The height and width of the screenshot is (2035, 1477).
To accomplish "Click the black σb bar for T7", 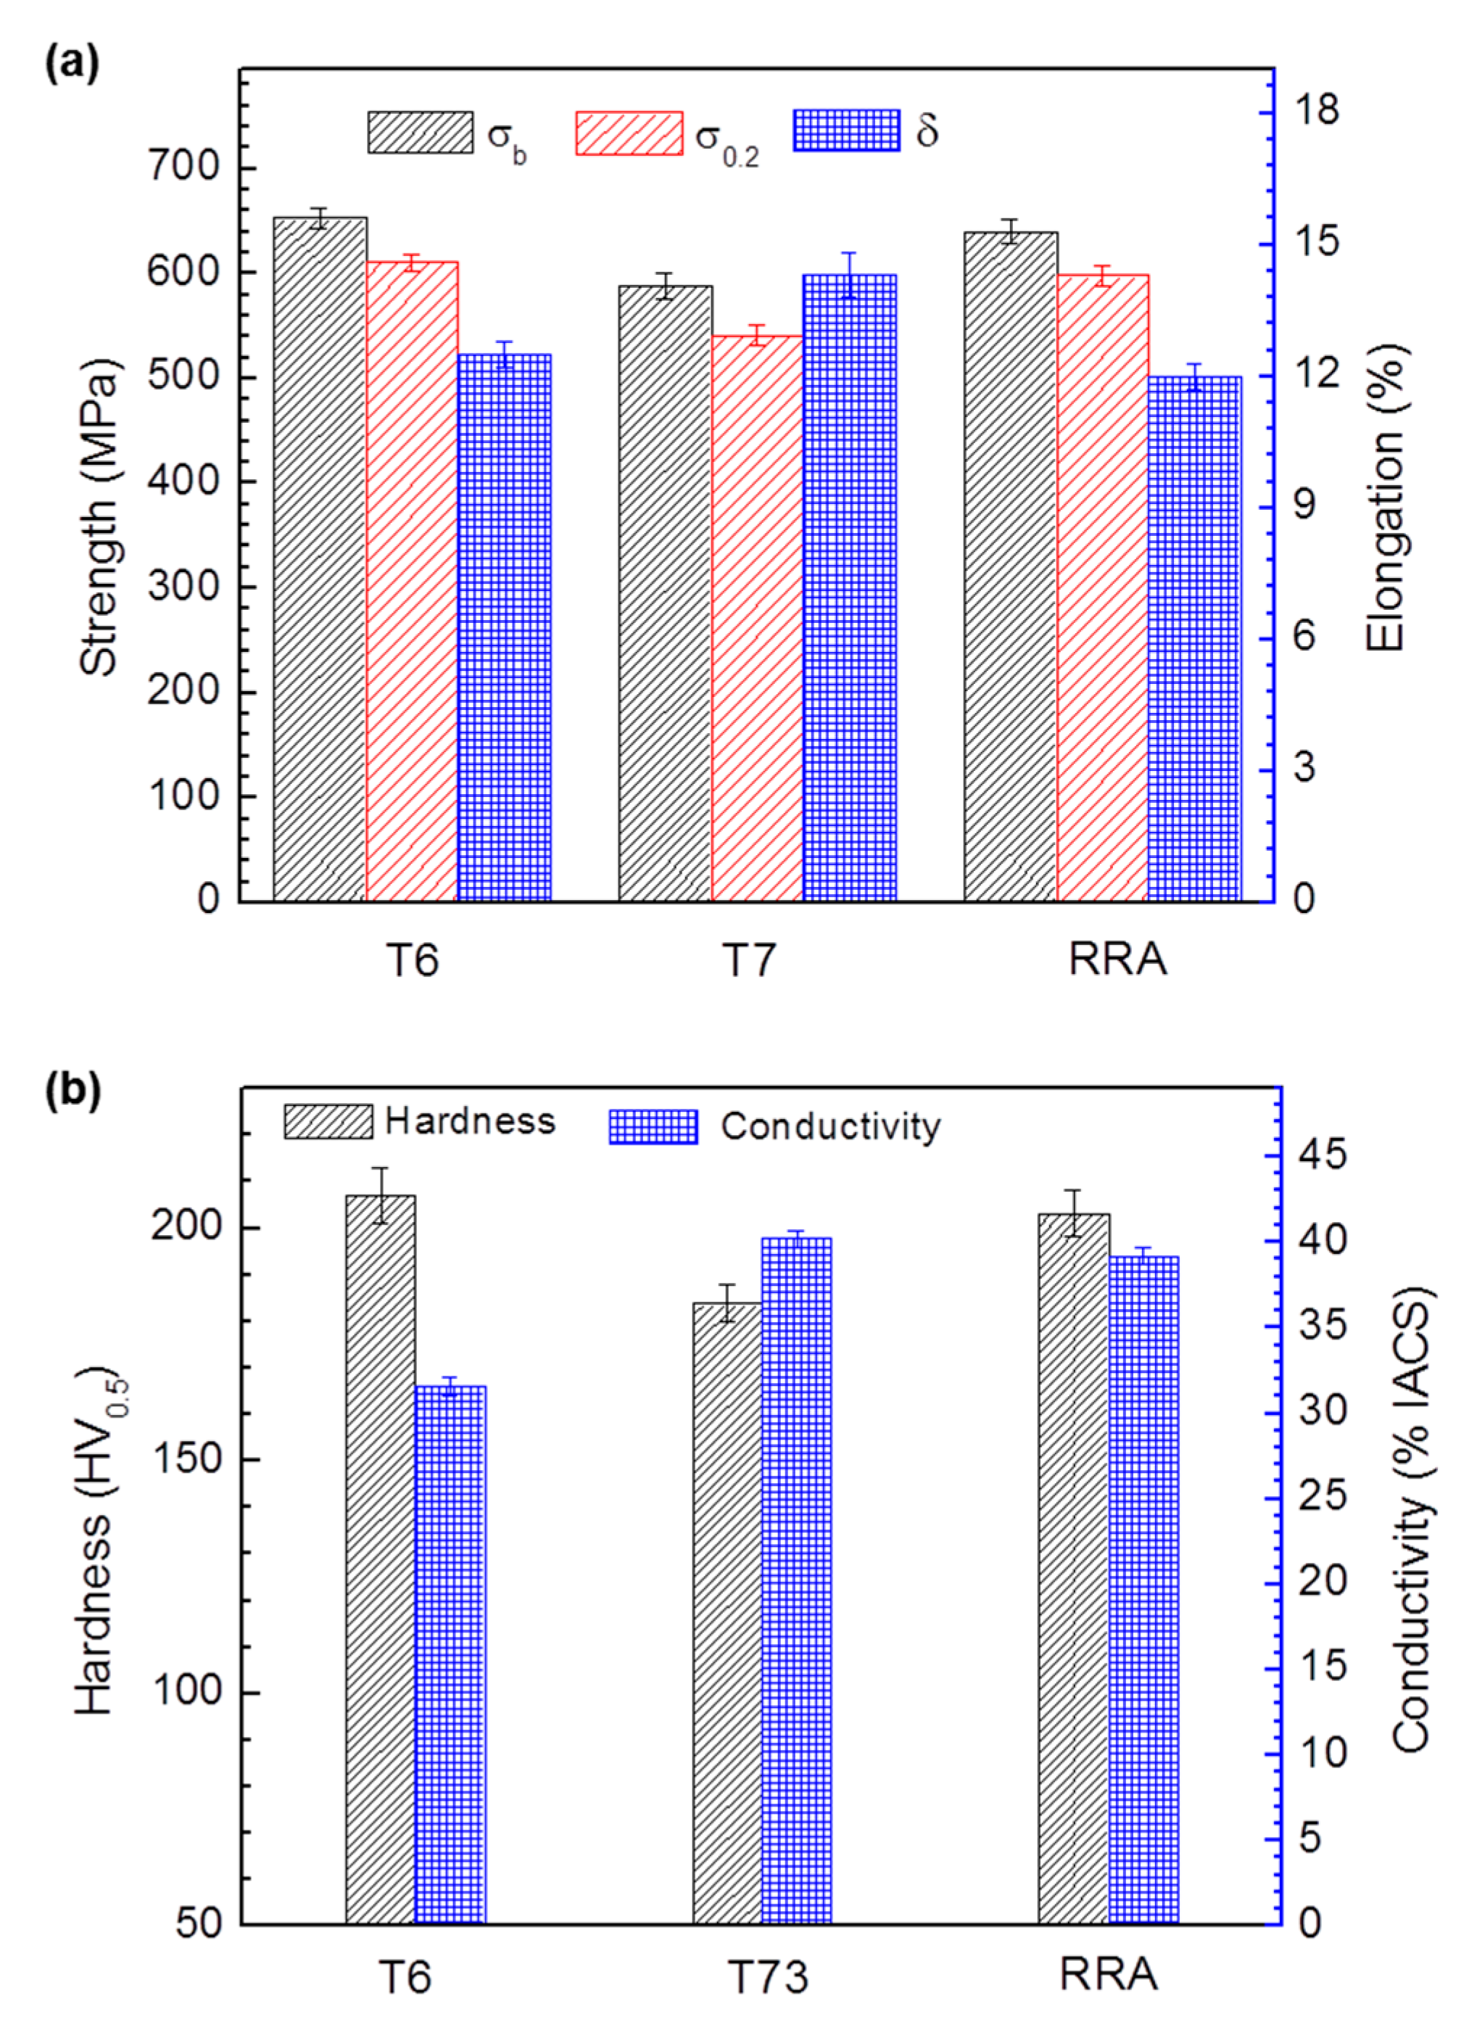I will pyautogui.click(x=665, y=593).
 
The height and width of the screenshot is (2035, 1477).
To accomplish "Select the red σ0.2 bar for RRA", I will pyautogui.click(x=1103, y=587).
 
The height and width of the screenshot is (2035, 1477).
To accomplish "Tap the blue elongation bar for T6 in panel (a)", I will pyautogui.click(x=505, y=627).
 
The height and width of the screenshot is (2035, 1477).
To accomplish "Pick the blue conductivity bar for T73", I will pyautogui.click(x=797, y=1579).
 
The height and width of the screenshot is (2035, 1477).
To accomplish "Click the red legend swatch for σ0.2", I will pyautogui.click(x=628, y=133).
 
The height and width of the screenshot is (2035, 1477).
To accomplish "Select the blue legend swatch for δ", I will pyautogui.click(x=845, y=131).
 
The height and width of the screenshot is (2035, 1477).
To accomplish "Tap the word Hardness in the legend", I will pyautogui.click(x=470, y=1120).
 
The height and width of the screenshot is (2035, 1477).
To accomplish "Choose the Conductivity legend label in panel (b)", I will pyautogui.click(x=830, y=1126).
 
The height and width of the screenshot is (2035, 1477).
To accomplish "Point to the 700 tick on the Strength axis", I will pyautogui.click(x=184, y=167).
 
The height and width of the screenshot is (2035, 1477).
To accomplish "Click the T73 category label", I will pyautogui.click(x=767, y=1977).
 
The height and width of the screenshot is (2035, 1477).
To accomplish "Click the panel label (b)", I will pyautogui.click(x=73, y=1091).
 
